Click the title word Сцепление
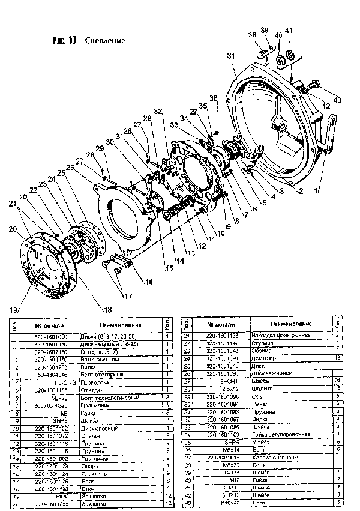click(109, 41)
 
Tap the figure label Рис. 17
click(65, 41)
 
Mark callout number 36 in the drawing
click(213, 98)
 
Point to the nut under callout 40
click(279, 58)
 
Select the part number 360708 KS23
click(55, 405)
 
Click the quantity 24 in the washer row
click(338, 381)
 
